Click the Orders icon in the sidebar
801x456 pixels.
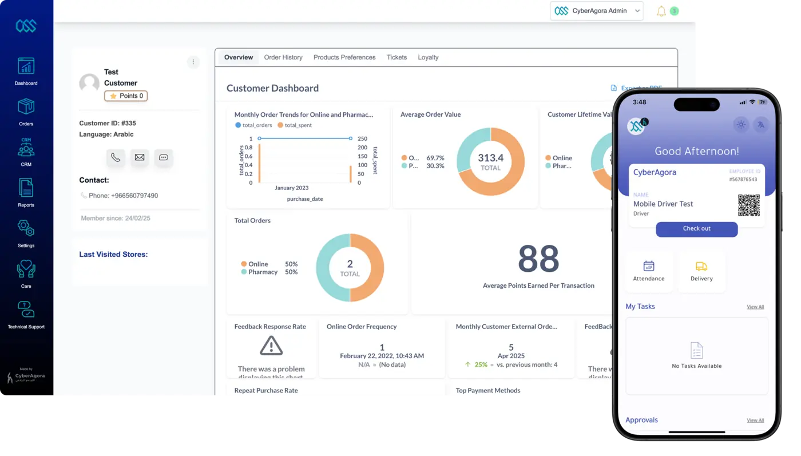point(26,107)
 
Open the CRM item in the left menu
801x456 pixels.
point(26,148)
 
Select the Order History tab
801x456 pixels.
point(283,57)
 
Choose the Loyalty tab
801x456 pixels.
point(428,57)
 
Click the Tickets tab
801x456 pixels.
point(396,57)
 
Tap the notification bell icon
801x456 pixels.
point(661,11)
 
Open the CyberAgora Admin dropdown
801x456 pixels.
point(596,11)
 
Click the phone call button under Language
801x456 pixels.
point(116,157)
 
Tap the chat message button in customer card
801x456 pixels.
point(164,157)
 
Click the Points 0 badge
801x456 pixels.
point(126,96)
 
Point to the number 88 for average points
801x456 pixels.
point(538,259)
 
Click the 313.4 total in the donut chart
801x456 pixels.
point(490,161)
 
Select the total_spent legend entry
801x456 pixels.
point(295,125)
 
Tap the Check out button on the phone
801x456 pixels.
point(696,229)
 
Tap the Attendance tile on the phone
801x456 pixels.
point(649,271)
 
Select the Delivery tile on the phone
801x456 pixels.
point(701,271)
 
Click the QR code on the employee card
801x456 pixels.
point(748,205)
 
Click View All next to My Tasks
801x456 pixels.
point(755,307)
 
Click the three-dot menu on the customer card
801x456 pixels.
point(193,62)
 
